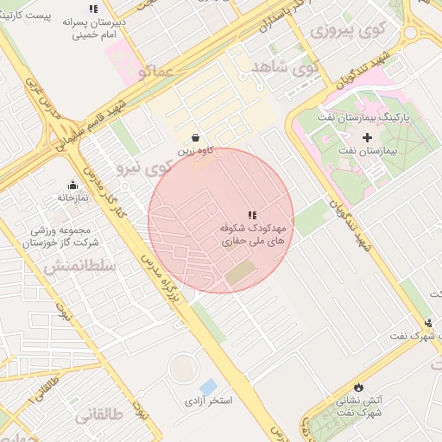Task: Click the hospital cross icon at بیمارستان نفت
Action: click(367, 137)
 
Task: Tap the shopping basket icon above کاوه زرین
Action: click(196, 137)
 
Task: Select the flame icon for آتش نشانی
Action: click(358, 387)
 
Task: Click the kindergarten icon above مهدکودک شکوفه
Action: click(252, 215)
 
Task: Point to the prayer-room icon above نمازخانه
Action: click(73, 185)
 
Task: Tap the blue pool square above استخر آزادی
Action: click(208, 386)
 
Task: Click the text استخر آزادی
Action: click(209, 402)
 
